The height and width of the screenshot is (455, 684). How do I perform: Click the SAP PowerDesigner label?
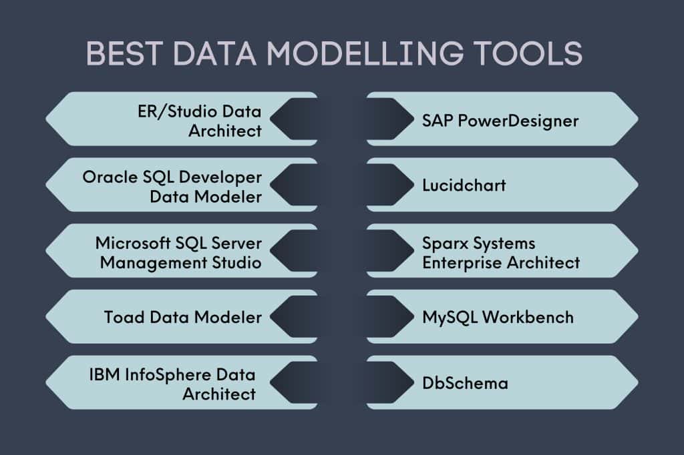[500, 121]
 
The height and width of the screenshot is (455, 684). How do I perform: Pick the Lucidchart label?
[464, 185]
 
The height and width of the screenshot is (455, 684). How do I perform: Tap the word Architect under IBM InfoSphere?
[219, 394]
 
